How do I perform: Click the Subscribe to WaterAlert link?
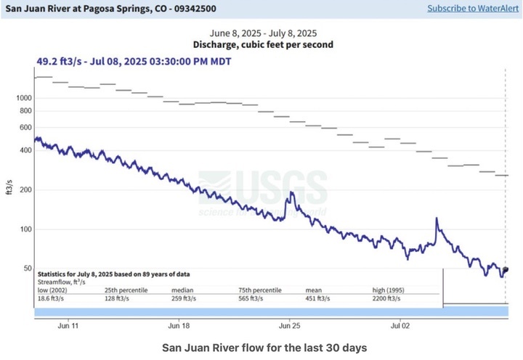[x=472, y=8]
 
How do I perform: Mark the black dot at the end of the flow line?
[x=506, y=269]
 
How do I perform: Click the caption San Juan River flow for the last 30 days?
[x=264, y=347]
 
